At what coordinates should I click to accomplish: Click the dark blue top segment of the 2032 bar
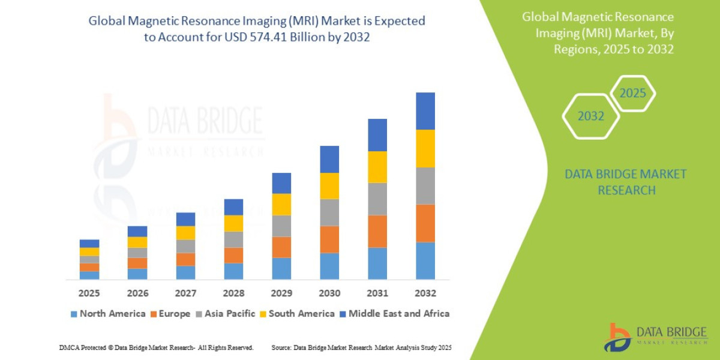tap(425, 111)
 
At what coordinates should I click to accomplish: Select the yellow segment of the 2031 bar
tap(377, 167)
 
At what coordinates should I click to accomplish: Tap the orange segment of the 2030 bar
tap(329, 239)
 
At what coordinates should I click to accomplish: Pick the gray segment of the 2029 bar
tap(281, 226)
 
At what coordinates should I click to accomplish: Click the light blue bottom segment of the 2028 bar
tap(233, 271)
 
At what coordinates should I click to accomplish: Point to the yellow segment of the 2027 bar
tap(185, 233)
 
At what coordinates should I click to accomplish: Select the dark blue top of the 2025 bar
tap(89, 244)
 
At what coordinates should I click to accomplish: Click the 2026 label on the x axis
tap(137, 293)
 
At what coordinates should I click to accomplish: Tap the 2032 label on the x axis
tap(425, 293)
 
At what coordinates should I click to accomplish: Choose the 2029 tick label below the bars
tap(281, 293)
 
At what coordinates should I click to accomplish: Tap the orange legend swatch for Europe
tap(154, 314)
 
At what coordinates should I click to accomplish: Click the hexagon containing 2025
tap(632, 94)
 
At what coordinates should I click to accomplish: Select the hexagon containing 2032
tap(590, 116)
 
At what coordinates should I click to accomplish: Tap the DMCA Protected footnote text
tap(156, 348)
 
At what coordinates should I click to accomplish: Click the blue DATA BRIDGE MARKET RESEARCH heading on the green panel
tap(625, 182)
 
